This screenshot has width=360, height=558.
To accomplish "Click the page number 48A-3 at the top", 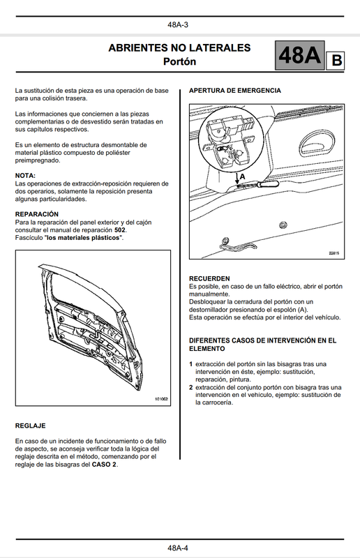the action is [x=178, y=25].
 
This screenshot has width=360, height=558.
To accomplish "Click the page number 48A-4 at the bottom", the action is [x=178, y=548].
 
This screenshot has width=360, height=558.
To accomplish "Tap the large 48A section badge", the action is [x=300, y=56].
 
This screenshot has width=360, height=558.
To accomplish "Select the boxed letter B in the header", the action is [x=336, y=61].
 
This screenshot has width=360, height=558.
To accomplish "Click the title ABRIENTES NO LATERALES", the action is [x=179, y=47].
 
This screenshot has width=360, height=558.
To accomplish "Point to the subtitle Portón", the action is [x=179, y=61].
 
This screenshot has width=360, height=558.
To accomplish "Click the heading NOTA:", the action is [x=25, y=176].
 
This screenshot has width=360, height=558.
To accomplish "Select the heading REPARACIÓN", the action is [x=37, y=214].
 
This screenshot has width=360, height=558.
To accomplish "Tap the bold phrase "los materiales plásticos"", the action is [x=83, y=238].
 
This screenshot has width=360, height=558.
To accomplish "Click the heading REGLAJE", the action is [x=30, y=425].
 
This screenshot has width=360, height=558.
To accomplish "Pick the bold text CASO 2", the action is [x=104, y=465].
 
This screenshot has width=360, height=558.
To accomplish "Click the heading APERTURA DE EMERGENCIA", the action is [x=235, y=91].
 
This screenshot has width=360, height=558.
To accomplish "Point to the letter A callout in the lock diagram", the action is [x=243, y=176].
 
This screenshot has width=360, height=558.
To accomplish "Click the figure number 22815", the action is [x=333, y=253].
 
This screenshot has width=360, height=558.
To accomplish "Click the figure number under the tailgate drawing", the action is [x=161, y=399].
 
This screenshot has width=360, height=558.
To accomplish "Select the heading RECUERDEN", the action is [x=209, y=278].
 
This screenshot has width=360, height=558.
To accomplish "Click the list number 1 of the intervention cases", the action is [x=191, y=364].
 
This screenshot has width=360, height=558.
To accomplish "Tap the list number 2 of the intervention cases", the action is [x=191, y=388].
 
